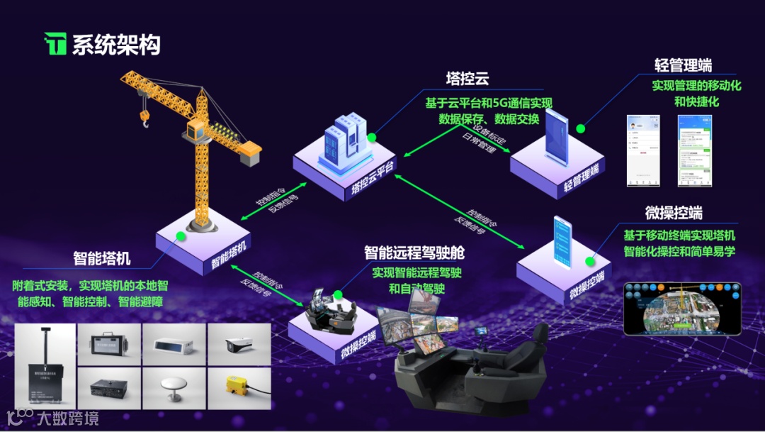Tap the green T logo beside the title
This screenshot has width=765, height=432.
[55, 44]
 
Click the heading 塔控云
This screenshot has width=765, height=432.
[467, 77]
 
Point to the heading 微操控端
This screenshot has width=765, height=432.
[674, 213]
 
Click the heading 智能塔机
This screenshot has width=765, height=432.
[101, 257]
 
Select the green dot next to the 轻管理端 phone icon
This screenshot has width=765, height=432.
[580, 129]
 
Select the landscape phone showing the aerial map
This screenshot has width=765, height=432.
[681, 309]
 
